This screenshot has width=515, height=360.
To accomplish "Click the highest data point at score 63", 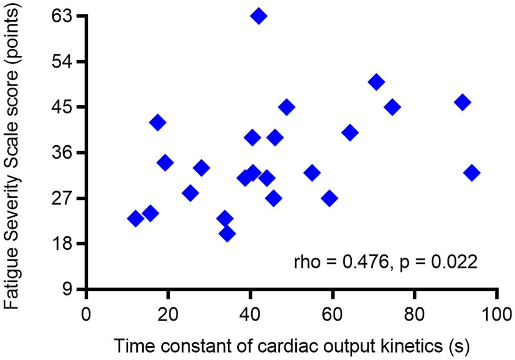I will point(259,16).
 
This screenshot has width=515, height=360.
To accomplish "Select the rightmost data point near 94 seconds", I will point(472,173).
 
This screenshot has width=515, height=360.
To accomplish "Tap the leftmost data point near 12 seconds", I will point(135,219).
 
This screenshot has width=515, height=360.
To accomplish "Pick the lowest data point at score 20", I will point(227,233).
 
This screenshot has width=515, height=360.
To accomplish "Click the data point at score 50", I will point(376,82).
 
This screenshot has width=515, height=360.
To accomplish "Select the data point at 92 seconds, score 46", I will point(463,102).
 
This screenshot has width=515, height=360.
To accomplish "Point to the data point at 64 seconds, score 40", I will point(350,132).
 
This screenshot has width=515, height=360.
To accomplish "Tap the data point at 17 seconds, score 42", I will point(157,122).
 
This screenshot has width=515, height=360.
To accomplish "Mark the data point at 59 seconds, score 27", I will point(330,198).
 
